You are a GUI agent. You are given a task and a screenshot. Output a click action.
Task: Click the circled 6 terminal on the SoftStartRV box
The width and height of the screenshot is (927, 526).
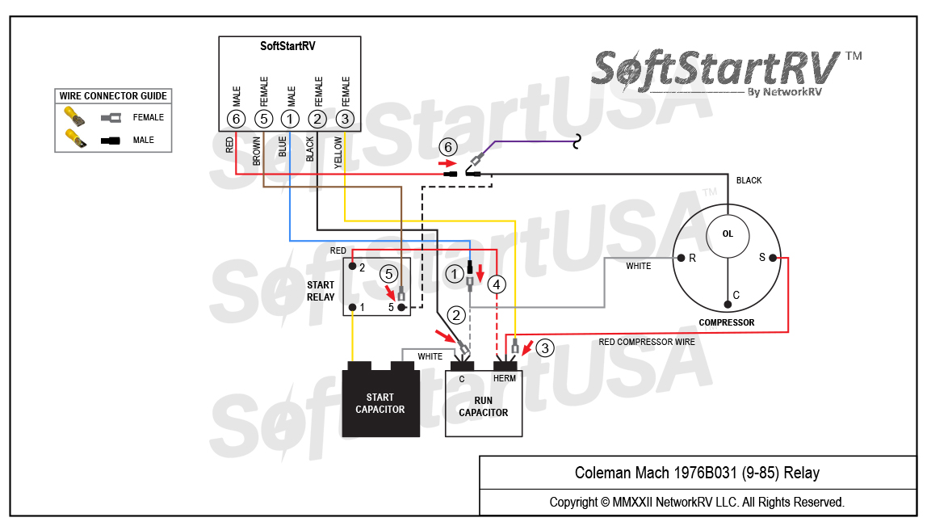click(x=236, y=120)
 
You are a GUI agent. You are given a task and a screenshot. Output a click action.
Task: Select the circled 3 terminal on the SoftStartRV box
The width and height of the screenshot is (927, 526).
click(x=345, y=120)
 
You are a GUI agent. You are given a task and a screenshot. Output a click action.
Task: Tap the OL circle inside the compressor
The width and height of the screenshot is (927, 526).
click(x=728, y=234)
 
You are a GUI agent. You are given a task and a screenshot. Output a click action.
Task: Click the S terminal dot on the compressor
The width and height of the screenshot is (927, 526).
click(x=773, y=258)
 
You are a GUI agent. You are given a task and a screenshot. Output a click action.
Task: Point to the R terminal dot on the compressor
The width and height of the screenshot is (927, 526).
click(x=682, y=259)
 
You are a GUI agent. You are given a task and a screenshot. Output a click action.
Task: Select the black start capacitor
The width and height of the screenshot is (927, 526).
click(x=380, y=403)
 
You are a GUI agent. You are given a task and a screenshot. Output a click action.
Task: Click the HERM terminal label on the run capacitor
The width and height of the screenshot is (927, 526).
click(x=505, y=378)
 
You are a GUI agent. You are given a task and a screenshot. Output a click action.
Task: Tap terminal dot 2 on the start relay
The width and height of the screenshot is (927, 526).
click(x=353, y=266)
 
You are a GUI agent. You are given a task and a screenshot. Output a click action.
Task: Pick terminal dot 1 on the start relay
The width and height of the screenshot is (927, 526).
click(x=353, y=308)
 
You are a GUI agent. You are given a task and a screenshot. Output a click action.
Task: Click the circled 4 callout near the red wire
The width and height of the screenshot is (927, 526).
click(x=497, y=284)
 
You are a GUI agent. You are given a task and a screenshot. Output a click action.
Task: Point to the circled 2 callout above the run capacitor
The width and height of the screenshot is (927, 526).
click(x=457, y=315)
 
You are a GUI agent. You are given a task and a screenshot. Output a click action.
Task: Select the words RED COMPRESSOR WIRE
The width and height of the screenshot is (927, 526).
click(x=646, y=342)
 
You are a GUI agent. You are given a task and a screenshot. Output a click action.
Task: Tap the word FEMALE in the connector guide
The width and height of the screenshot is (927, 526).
click(x=149, y=117)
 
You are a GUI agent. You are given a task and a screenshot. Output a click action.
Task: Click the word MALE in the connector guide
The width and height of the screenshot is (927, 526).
click(x=143, y=141)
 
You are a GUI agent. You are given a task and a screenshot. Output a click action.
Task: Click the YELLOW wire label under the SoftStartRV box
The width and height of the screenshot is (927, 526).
click(x=338, y=150)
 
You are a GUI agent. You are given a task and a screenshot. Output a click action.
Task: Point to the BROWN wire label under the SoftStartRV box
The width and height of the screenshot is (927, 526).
click(x=257, y=150)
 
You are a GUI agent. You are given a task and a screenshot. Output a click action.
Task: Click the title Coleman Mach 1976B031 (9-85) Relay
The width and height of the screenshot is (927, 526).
click(x=697, y=473)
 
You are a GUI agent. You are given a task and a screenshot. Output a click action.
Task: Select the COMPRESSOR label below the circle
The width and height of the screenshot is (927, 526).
click(x=727, y=322)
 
